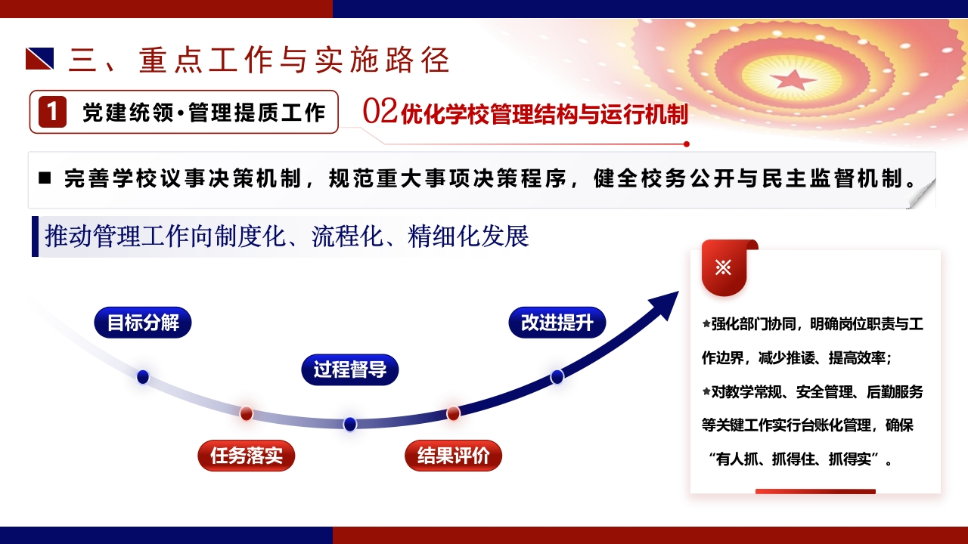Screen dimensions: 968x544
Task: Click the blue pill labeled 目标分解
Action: pos(143,323)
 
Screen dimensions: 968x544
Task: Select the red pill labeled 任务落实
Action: pos(247,456)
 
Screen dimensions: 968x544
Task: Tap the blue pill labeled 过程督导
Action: pos(350,369)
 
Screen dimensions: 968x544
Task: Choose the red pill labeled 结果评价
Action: pos(453,456)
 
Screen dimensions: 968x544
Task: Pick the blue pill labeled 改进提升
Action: pos(557,323)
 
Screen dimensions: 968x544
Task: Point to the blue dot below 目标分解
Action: pos(143,377)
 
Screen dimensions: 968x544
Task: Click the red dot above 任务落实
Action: pos(247,413)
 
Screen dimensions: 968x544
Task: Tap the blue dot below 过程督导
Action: pos(350,424)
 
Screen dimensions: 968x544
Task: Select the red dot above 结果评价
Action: pos(453,413)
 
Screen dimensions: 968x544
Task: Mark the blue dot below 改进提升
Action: pos(557,377)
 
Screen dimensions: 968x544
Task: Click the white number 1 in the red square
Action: pos(52,112)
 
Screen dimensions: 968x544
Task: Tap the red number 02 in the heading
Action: pos(380,111)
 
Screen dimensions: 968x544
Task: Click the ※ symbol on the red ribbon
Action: pos(724,267)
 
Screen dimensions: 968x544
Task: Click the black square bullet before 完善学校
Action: pos(45,178)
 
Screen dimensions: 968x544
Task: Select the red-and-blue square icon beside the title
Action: pos(40,59)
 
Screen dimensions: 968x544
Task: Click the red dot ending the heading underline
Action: pos(686,144)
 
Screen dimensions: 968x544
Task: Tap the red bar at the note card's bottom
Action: pos(815,491)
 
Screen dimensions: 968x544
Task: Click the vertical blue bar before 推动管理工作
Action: pos(35,236)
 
